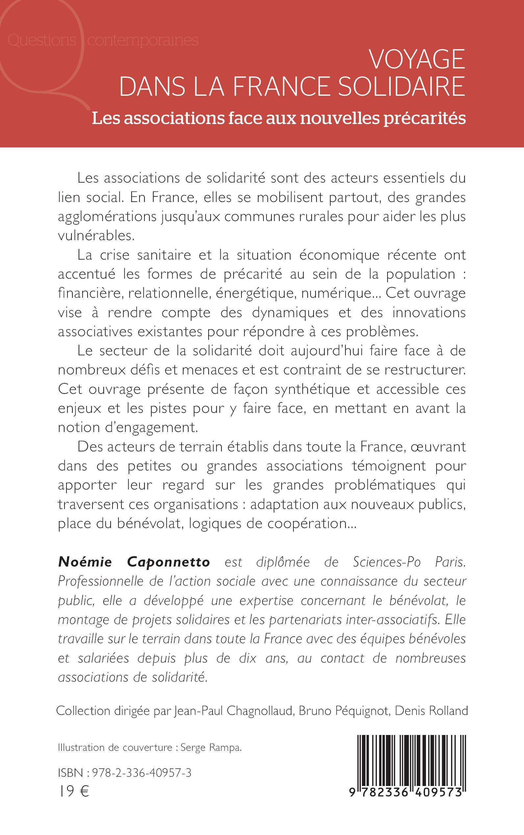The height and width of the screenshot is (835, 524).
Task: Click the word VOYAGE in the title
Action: pyautogui.click(x=417, y=59)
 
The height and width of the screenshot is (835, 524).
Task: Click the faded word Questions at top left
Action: pyautogui.click(x=41, y=40)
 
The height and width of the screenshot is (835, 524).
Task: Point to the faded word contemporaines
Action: pyautogui.click(x=143, y=40)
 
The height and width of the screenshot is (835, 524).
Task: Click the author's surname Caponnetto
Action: pyautogui.click(x=168, y=562)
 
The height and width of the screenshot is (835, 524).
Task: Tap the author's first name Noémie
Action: pyautogui.click(x=85, y=562)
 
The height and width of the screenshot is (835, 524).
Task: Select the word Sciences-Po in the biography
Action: pyautogui.click(x=387, y=562)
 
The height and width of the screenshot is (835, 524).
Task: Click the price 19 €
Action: pyautogui.click(x=73, y=791)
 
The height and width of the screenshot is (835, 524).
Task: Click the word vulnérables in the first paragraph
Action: pyautogui.click(x=96, y=236)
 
